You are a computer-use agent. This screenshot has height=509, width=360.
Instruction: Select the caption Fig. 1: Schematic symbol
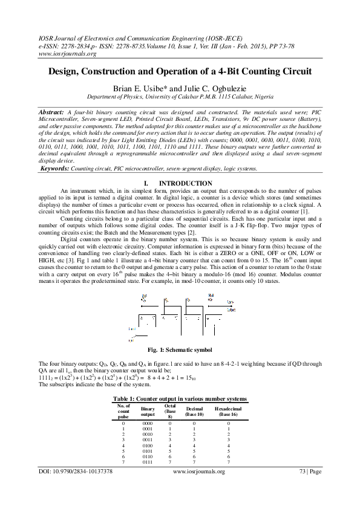[x=180, y=350]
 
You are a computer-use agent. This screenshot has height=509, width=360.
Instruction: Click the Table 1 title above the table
[x=180, y=399]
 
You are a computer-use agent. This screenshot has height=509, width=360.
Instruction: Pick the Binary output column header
[x=148, y=412]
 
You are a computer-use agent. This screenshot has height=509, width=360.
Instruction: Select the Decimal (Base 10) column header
[x=194, y=412]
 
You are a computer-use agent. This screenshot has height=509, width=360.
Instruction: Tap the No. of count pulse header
[x=123, y=412]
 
